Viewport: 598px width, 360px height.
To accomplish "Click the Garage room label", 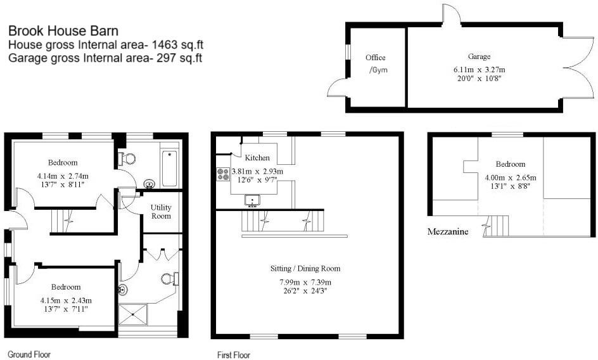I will point(480,56).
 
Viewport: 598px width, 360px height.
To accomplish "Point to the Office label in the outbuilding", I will point(375,58).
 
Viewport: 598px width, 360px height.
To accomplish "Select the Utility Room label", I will point(161,212).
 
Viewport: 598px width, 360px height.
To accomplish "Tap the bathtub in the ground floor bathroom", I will point(170,168).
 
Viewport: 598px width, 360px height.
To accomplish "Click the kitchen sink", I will point(253,201).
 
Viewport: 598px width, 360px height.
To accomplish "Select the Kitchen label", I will point(257,158).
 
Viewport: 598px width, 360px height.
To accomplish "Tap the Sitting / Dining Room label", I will point(305,269).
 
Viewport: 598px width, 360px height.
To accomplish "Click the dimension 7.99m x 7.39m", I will point(305,283).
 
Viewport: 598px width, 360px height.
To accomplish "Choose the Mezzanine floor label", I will point(448,232).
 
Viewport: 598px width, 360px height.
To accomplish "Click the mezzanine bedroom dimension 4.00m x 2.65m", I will point(510,177).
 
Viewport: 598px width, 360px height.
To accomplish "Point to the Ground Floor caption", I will point(29,354).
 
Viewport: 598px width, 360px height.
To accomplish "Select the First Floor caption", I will point(234,355).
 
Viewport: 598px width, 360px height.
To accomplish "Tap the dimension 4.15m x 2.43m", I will point(66,300).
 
